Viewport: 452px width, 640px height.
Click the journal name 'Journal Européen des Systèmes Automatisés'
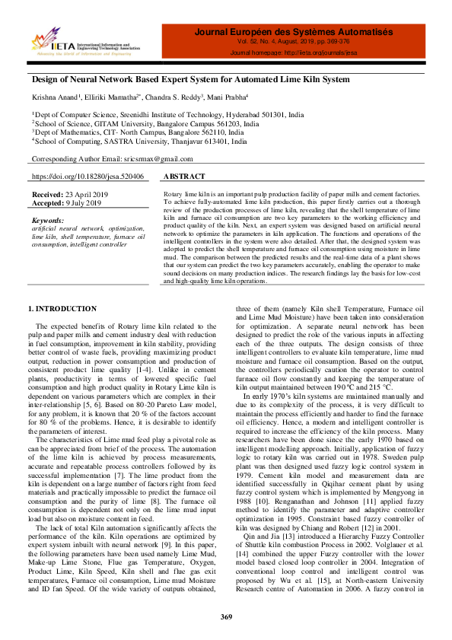click(294, 32)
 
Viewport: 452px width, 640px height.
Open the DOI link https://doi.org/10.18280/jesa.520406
click(88, 177)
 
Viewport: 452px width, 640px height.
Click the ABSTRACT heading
click(184, 177)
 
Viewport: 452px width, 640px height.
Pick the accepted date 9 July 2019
click(83, 203)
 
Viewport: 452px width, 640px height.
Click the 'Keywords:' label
click(48, 220)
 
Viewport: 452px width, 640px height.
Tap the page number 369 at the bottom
click(226, 616)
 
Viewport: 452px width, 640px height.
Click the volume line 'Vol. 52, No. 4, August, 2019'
click(294, 43)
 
